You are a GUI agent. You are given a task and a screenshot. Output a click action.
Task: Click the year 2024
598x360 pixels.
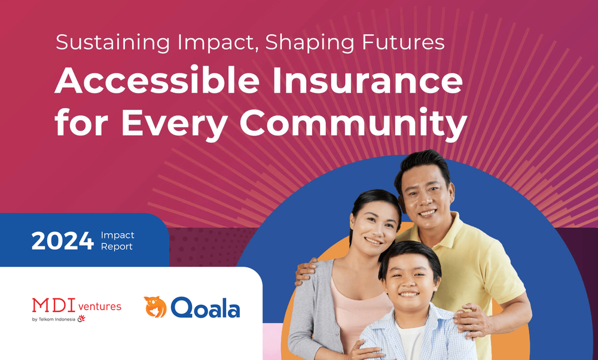coord(63,241)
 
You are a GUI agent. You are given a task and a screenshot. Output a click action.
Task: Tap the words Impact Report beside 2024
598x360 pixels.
coord(117,241)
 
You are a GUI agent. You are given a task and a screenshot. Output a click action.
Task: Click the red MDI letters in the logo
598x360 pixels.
coord(52,306)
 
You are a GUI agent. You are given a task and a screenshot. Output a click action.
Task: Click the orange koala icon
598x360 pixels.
coord(155,307)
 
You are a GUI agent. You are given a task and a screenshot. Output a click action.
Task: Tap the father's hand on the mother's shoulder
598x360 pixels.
coord(306,271)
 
